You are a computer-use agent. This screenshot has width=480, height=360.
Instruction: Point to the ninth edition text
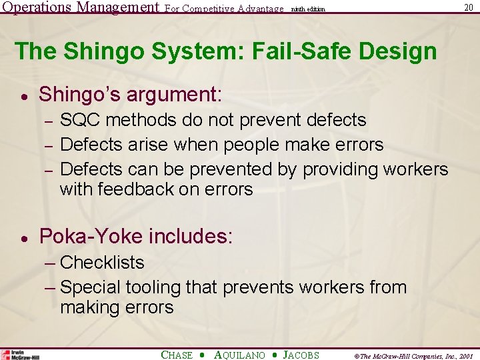[x=308, y=9]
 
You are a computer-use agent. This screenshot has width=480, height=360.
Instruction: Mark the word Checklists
[x=102, y=263]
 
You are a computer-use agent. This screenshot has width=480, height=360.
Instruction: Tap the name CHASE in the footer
[x=177, y=355]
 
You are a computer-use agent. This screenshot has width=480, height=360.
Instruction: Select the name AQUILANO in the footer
[x=239, y=355]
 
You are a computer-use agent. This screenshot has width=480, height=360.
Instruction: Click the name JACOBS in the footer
[x=301, y=355]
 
